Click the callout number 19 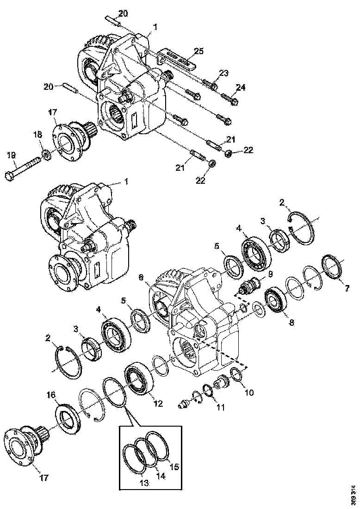click(x=11, y=156)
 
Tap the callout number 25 click(x=199, y=50)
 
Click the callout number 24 click(x=241, y=87)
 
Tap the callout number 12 click(x=158, y=403)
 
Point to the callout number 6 click(x=142, y=277)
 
